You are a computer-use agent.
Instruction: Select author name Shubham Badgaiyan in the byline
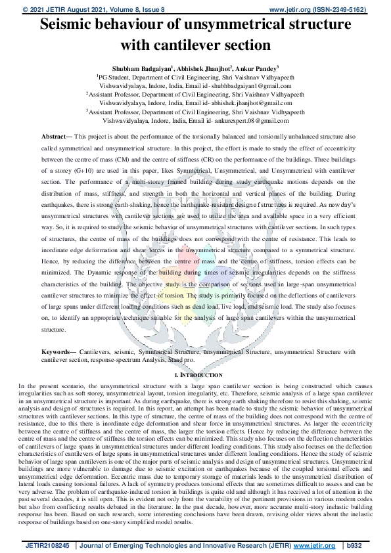pyautogui.click(x=141, y=67)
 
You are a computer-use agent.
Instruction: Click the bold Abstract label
pyautogui.click(x=57, y=135)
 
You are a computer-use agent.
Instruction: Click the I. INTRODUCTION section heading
pyautogui.click(x=195, y=374)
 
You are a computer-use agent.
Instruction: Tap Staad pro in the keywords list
pyautogui.click(x=181, y=360)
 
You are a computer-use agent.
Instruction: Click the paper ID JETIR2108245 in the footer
pyautogui.click(x=49, y=545)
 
